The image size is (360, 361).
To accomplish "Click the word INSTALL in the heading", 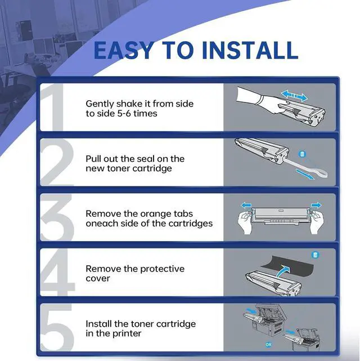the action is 250,51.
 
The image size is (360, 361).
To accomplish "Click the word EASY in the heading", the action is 123,51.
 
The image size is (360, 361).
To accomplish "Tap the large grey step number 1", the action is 52,107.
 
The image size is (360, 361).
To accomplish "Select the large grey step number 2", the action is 57,162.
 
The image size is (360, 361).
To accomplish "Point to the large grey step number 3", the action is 57,217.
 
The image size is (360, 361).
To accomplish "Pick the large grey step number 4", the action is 57,272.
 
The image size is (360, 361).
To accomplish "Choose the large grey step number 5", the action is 57,327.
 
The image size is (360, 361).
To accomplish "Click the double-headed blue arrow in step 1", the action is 294,96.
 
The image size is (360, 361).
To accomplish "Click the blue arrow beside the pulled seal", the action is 304,174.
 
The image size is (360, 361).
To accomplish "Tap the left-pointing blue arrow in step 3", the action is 246,204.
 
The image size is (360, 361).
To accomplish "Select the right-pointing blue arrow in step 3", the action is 316,204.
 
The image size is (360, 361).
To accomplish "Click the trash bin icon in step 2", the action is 302,154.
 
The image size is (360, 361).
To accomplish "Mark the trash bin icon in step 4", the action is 315,255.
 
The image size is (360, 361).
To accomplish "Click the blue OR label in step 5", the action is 268,345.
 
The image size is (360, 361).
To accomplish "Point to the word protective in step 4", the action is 162,269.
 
